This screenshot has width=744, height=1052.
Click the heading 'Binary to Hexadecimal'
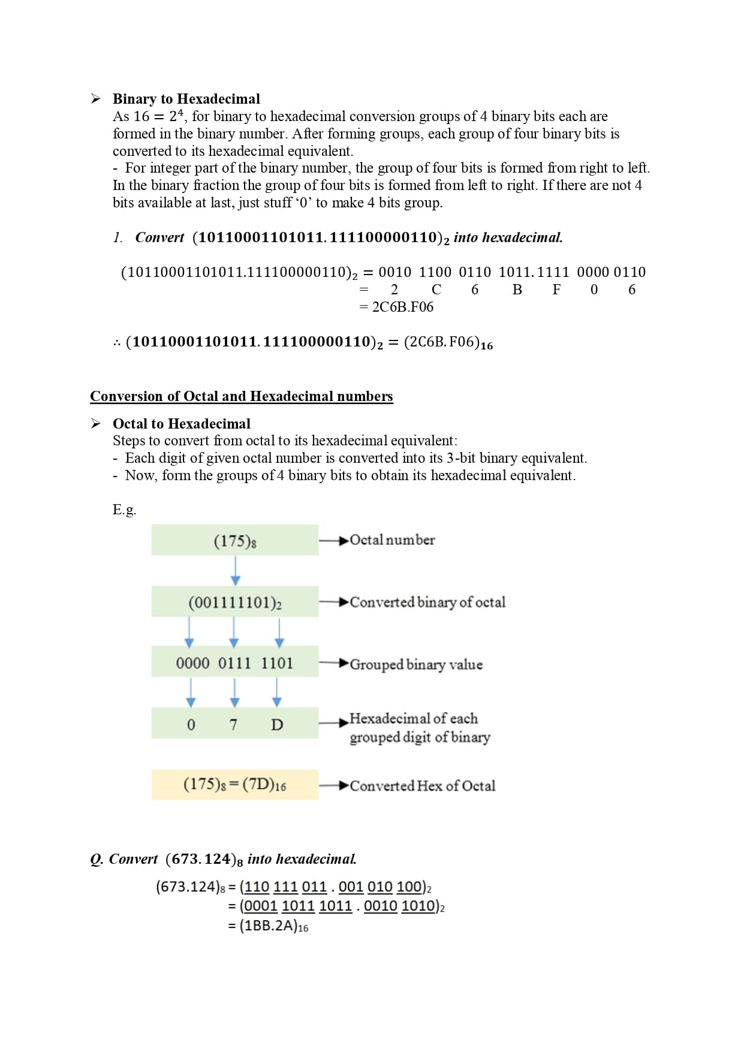pyautogui.click(x=186, y=99)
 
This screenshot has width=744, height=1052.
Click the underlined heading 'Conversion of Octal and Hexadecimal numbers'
pyautogui.click(x=242, y=396)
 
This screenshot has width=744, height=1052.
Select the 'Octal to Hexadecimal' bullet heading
pyautogui.click(x=181, y=424)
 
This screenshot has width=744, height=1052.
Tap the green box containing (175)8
pyautogui.click(x=234, y=540)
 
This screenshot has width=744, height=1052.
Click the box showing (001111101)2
pyautogui.click(x=234, y=602)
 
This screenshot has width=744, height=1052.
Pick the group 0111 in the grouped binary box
pyautogui.click(x=234, y=663)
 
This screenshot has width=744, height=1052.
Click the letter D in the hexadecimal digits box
pyautogui.click(x=277, y=725)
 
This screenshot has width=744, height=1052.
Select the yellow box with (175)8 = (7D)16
pyautogui.click(x=234, y=784)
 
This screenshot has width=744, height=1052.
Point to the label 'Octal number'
pyautogui.click(x=392, y=540)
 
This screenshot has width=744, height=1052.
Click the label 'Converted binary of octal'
pyautogui.click(x=427, y=602)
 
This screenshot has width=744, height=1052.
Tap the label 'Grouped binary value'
pyautogui.click(x=415, y=664)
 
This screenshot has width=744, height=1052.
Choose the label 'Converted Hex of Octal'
pyautogui.click(x=422, y=786)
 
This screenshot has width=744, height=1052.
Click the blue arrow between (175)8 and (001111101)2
pyautogui.click(x=236, y=571)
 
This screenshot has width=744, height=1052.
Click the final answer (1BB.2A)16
pyautogui.click(x=273, y=926)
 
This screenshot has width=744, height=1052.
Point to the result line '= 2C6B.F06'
pyautogui.click(x=396, y=307)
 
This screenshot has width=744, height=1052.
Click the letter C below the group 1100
pyautogui.click(x=436, y=290)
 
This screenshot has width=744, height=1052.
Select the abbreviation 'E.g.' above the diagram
pyautogui.click(x=124, y=510)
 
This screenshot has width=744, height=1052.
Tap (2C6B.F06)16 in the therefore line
pyautogui.click(x=448, y=343)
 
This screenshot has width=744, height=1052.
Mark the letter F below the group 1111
pyautogui.click(x=556, y=290)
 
